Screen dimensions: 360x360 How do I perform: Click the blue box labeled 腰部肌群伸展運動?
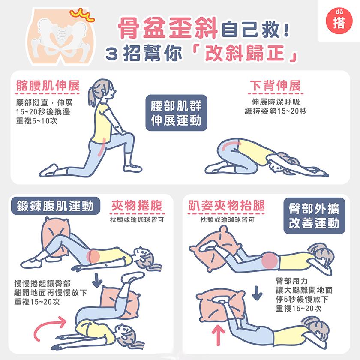click(176, 114)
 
